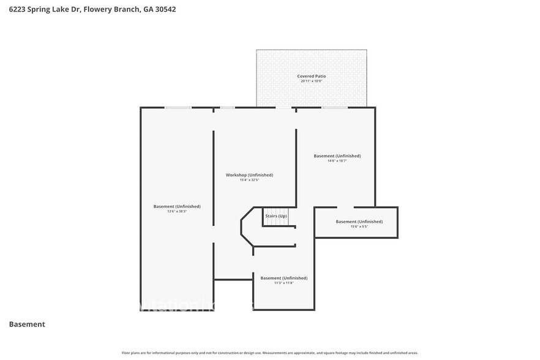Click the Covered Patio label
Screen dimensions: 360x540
(x=312, y=77)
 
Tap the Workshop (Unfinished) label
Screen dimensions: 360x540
(x=249, y=175)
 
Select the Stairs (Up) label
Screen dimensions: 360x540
(x=276, y=216)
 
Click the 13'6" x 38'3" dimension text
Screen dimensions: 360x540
(x=177, y=211)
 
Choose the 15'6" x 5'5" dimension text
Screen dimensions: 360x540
(x=359, y=227)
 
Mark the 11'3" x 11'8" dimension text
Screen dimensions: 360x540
(x=283, y=283)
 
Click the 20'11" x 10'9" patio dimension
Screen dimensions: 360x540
(x=312, y=81)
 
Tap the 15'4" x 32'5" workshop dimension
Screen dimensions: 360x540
(x=249, y=180)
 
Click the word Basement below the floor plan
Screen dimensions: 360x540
(x=27, y=324)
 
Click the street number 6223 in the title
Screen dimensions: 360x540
(x=18, y=10)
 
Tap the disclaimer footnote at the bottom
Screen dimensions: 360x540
(x=269, y=353)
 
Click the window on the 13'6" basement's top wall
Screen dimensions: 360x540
(x=178, y=108)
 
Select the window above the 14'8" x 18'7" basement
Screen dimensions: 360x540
(x=335, y=108)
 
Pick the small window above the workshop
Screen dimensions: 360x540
(x=227, y=108)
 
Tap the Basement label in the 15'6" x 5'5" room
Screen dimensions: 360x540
(x=359, y=222)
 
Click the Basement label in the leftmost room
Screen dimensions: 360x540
(x=177, y=206)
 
